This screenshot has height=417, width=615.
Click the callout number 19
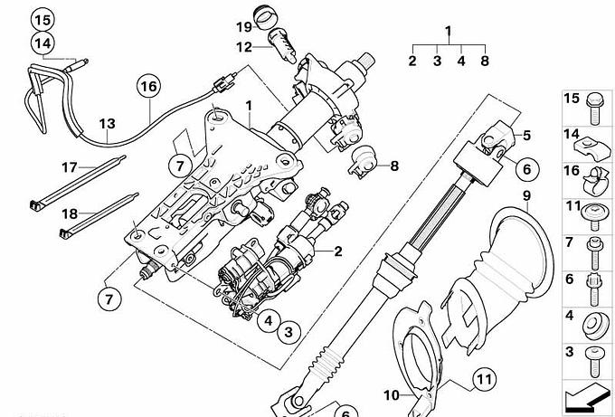coord(244,25)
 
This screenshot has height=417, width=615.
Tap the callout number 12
coord(244,46)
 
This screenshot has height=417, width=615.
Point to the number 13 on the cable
coord(107,123)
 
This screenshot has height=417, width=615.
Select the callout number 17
coord(71,166)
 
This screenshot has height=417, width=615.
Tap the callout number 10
coord(391,394)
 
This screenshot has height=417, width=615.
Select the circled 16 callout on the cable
coord(147,87)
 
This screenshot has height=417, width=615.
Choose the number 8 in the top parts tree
coord(485,62)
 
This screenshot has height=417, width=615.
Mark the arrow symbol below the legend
coord(586,395)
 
